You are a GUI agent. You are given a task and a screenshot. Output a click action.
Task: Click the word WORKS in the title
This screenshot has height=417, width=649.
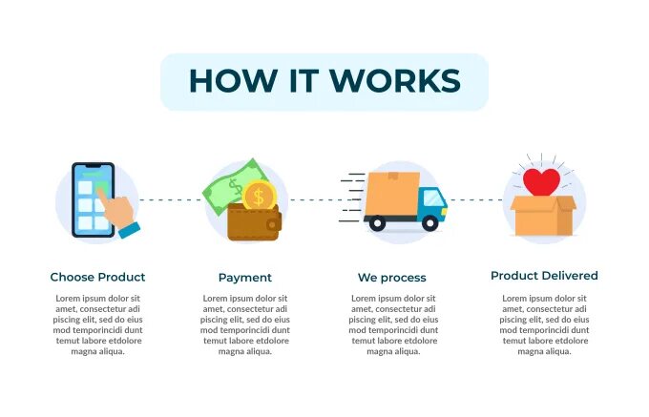click(x=402, y=81)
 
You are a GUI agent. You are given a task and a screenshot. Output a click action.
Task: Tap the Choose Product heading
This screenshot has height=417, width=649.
click(x=97, y=277)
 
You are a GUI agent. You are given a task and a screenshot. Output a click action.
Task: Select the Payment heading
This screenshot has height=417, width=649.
click(x=245, y=278)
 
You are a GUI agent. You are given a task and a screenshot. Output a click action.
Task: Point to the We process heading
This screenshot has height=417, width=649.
click(x=391, y=278)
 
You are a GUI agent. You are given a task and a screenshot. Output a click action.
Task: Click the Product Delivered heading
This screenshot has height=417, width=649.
click(x=544, y=276)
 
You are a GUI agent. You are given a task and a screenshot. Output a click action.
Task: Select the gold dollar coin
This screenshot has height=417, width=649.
click(x=258, y=197)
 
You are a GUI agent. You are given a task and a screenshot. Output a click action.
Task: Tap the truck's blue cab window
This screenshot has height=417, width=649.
click(x=433, y=199)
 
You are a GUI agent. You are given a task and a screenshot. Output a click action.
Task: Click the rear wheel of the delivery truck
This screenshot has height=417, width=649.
click(x=377, y=224)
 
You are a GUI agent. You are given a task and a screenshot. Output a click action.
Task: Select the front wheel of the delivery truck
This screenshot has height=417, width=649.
click(x=429, y=224)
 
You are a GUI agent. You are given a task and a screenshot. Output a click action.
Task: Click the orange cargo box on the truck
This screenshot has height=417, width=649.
click(x=391, y=193)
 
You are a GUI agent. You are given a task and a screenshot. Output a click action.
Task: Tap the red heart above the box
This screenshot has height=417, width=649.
click(x=543, y=181)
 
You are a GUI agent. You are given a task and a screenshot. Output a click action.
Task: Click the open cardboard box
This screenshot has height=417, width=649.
click(x=543, y=217)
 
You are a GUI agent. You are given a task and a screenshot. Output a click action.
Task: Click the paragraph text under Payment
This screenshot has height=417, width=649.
click(x=245, y=324)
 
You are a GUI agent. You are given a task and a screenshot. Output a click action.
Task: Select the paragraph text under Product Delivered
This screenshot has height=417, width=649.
click(x=544, y=324)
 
